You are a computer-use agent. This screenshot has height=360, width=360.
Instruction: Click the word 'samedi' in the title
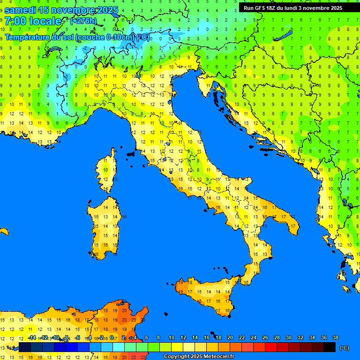click(20, 10)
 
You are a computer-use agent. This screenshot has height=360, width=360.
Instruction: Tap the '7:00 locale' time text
click(33, 21)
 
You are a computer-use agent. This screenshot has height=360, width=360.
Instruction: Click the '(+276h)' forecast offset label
click(83, 21)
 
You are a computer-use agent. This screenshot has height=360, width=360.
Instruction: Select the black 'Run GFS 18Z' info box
click(292, 8)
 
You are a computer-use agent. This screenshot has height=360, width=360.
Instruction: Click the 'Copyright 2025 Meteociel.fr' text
click(199, 356)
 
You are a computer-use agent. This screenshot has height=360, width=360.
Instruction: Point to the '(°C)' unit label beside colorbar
click(344, 348)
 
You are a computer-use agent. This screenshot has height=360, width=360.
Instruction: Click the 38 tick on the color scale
click(335, 337)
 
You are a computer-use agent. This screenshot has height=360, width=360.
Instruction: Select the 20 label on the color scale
click(230, 337)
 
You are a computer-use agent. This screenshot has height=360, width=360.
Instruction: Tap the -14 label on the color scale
click(32, 337)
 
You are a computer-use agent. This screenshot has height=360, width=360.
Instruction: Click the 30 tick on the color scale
click(288, 337)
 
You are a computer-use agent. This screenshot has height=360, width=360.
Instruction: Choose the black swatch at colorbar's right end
click(330, 347)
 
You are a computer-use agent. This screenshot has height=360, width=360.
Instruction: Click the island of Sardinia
click(106, 225)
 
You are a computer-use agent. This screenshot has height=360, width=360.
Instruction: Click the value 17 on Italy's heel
click(292, 226)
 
